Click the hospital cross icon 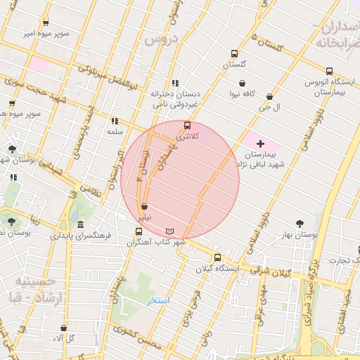pos(260,143)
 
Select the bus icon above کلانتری pos(187,125)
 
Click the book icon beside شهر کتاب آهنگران pos(169,231)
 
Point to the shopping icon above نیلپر pos(144,207)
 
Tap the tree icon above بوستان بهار pos(300,223)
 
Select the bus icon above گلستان pos(234,53)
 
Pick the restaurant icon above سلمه pos(115,121)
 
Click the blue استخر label pos(159,301)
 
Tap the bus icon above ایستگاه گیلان pos(217,257)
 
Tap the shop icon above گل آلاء pos(64,327)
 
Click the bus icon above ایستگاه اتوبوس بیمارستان pos(329,71)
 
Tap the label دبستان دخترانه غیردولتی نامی pos(175,98)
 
